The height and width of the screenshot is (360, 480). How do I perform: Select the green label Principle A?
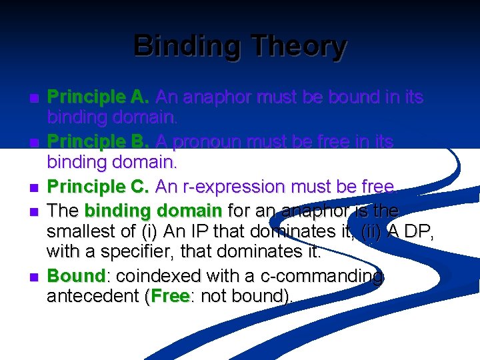pos(98,97)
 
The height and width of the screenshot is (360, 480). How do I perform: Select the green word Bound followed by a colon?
pos(76,276)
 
